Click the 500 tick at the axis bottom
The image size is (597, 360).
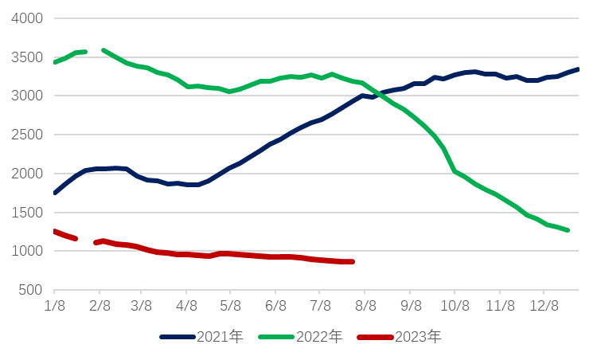click(31, 290)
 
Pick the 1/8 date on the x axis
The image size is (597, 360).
click(54, 306)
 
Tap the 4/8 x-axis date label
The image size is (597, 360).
click(187, 306)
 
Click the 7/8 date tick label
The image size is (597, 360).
click(321, 306)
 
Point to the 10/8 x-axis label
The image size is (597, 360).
click(455, 306)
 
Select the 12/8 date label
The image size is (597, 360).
click(545, 306)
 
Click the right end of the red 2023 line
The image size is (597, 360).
click(352, 261)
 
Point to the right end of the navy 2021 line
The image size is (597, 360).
click(578, 69)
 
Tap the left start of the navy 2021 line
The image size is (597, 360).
click(54, 193)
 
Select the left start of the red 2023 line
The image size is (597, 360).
click(54, 231)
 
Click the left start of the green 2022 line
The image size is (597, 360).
click(54, 62)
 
